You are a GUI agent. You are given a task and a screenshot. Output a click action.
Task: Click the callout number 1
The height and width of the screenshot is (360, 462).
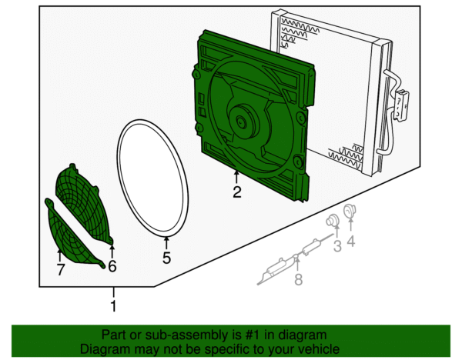click(114, 307)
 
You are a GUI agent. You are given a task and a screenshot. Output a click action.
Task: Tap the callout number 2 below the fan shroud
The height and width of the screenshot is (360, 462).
click(237, 193)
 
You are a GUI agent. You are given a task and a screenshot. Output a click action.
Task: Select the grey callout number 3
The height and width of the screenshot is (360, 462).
click(336, 246)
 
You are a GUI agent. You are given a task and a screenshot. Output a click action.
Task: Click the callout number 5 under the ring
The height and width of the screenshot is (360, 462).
click(166, 258)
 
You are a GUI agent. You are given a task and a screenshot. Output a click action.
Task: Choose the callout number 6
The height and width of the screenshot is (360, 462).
click(112, 266)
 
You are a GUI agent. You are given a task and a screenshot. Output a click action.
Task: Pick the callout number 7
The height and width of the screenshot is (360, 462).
click(60, 269)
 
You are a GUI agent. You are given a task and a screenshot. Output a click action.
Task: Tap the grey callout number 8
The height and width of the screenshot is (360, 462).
click(298, 279)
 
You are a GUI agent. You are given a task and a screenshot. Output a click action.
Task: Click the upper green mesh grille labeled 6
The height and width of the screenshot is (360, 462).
click(85, 202)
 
